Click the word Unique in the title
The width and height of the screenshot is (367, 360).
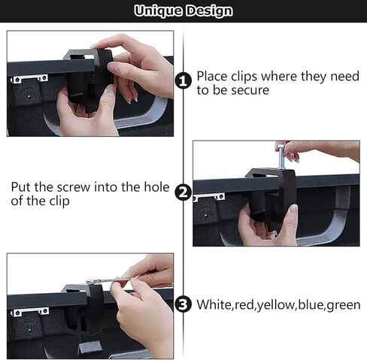click(x=159, y=11)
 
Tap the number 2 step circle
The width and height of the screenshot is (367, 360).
click(x=182, y=192)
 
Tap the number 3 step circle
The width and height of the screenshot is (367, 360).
click(x=183, y=304)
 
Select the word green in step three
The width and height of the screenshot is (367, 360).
click(x=343, y=305)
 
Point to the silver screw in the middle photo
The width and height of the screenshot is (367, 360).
click(x=280, y=156)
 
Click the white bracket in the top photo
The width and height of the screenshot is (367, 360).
click(x=29, y=79)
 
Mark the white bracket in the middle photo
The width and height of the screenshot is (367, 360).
click(x=208, y=198)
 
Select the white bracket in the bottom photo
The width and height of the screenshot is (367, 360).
click(x=29, y=311)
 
